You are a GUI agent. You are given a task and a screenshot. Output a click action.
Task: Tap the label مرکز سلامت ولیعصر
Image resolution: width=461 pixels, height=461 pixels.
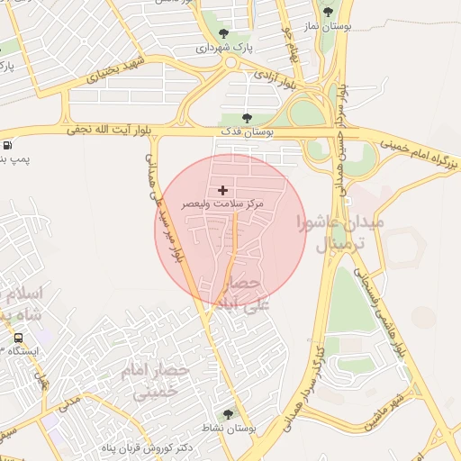(223, 205)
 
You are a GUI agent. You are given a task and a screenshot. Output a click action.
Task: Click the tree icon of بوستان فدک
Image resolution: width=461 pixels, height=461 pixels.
(248, 118)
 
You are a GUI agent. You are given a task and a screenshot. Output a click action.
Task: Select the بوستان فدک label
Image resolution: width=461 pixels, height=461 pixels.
(248, 132)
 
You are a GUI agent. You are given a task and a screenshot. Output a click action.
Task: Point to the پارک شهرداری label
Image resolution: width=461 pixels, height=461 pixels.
(225, 47)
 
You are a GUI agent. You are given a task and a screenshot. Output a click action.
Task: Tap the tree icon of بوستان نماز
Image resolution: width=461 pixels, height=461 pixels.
(326, 12)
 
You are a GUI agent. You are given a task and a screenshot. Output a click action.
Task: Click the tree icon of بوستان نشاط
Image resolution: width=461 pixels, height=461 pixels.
(228, 414)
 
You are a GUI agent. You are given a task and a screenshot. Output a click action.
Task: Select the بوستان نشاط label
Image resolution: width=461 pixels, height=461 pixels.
(228, 429)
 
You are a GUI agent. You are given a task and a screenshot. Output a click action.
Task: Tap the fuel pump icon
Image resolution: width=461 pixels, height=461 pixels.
(7, 145)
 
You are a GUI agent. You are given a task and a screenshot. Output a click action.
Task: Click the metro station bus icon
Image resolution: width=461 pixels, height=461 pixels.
(18, 338)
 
